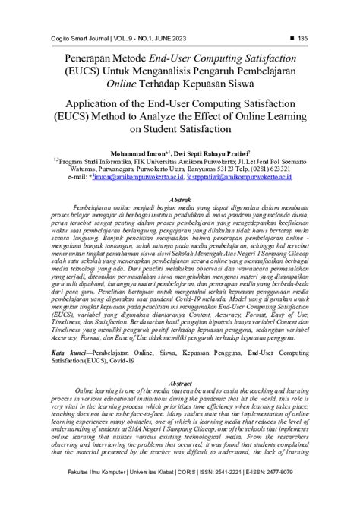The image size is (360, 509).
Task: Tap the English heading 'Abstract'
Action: pyautogui.click(x=179, y=386)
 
